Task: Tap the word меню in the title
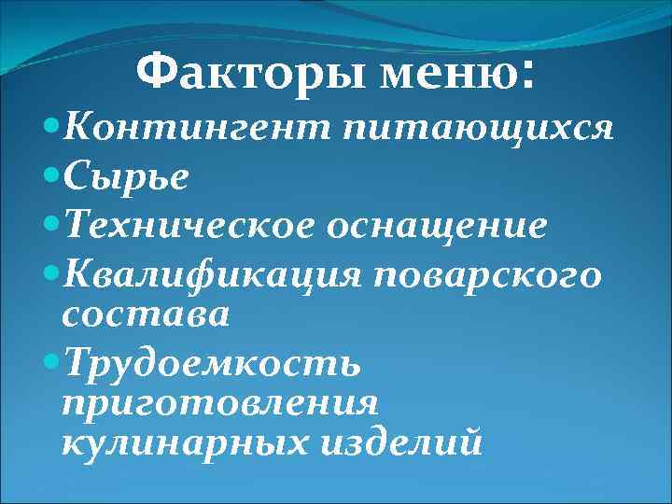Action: pos(440,75)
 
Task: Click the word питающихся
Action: pos(478,129)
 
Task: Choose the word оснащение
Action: pos(445,226)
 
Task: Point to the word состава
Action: pos(145,315)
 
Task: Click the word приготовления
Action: pos(219,402)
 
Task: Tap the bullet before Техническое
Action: pos(51,225)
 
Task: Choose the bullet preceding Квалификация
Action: pos(51,273)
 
